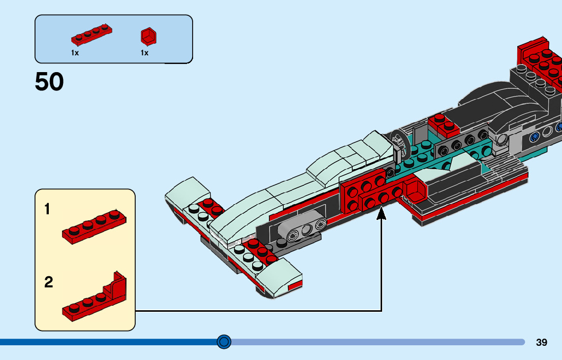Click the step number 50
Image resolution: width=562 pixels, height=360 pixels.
pos(49,82)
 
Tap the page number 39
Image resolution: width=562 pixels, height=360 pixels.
pos(542,342)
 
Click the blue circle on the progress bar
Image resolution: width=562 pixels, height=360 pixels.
pos(224,342)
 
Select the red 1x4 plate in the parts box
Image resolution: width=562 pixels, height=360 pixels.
pos(91,34)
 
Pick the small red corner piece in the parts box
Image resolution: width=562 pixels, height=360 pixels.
pos(148,36)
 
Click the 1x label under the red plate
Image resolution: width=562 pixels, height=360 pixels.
pos(75,53)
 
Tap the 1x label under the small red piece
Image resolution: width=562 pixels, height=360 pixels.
pos(145,53)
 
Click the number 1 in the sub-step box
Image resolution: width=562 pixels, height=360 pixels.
pos(48,209)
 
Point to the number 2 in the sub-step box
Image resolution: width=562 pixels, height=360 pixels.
pos(49,282)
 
